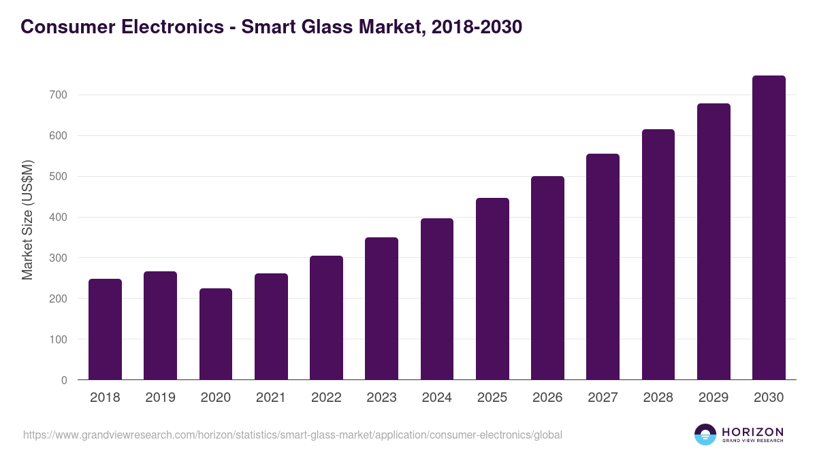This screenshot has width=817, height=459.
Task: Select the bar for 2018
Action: [105, 329]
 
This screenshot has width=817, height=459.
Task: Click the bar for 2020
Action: [216, 334]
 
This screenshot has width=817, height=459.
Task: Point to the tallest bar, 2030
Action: [769, 227]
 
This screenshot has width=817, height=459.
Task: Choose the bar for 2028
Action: [658, 254]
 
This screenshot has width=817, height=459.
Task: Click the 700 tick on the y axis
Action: [58, 95]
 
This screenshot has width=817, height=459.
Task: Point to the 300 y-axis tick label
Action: [58, 258]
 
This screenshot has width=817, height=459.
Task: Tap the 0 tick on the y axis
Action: [64, 380]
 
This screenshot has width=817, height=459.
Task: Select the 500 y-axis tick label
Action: [58, 177]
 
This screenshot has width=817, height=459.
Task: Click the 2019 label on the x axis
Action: [160, 398]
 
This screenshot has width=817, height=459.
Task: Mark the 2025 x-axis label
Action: [492, 398]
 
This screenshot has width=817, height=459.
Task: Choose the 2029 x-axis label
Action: [714, 398]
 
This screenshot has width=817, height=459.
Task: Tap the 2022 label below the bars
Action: [326, 398]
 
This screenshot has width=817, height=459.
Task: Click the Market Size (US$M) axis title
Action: [27, 220]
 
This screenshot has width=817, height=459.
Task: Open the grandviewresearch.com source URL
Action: [292, 435]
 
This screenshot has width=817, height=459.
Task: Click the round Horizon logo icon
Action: [705, 435]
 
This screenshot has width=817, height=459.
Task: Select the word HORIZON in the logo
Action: [752, 431]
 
